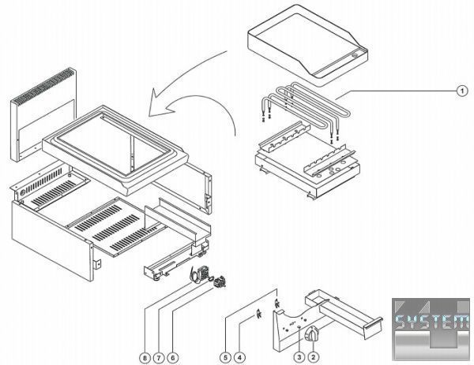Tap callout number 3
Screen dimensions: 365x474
coord(299,357)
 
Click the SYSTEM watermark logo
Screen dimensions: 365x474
coord(430,323)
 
